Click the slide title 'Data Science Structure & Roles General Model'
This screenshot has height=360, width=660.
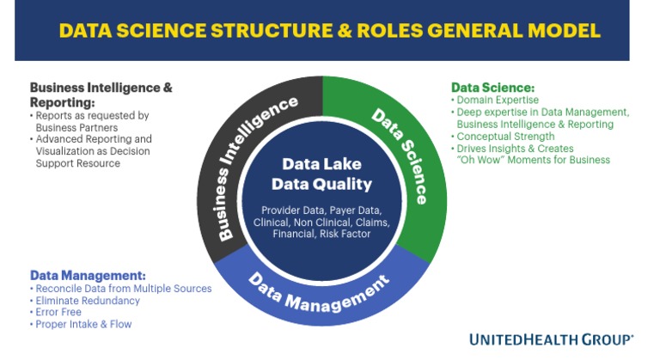click(x=329, y=31)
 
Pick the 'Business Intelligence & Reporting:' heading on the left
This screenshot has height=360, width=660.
click(x=101, y=94)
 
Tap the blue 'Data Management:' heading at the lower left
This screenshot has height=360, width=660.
click(x=87, y=276)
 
